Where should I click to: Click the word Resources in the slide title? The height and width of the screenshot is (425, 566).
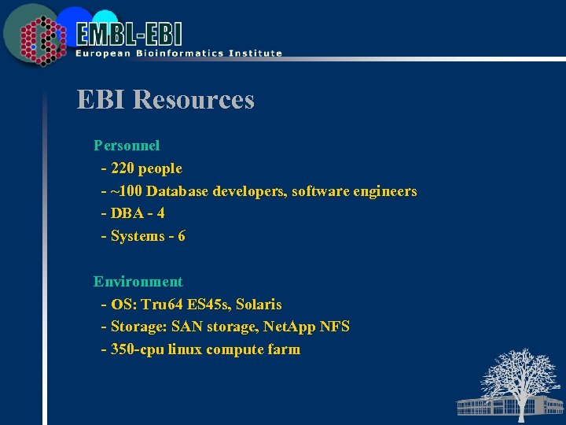click(193, 100)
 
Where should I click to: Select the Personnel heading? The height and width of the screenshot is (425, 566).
click(127, 146)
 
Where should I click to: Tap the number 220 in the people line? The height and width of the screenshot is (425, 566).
click(122, 168)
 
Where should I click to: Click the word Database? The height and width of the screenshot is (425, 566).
click(178, 191)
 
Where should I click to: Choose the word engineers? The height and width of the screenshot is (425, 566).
click(383, 191)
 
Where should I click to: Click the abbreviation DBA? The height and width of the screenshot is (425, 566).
click(127, 213)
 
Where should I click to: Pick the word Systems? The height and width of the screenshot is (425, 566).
click(138, 236)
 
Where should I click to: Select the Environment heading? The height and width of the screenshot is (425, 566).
click(138, 282)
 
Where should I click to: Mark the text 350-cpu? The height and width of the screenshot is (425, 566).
click(138, 349)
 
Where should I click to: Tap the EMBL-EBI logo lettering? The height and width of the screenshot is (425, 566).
click(130, 34)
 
